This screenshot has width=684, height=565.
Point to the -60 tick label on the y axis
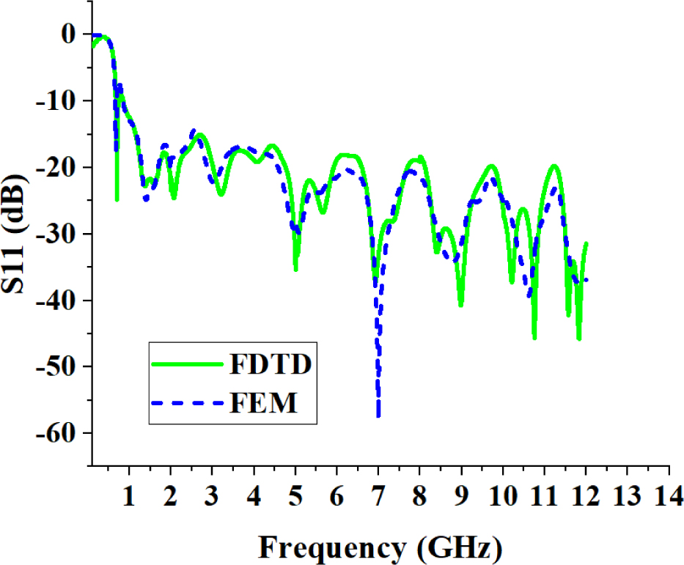55,433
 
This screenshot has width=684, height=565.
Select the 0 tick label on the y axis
68,34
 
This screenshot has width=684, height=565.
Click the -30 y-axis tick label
55,234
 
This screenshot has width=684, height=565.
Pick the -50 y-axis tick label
55,366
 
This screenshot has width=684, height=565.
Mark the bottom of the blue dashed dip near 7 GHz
378,416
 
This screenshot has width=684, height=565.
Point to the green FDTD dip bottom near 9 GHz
461,305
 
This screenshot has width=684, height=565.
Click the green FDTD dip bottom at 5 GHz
295,270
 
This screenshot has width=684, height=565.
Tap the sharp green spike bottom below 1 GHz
117,199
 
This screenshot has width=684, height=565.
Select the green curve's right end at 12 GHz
586,243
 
